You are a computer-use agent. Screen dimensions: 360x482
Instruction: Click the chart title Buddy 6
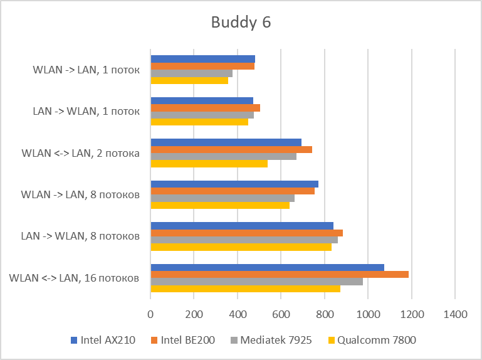[241, 23]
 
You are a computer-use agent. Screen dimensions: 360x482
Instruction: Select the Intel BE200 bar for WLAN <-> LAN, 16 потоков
[280, 274]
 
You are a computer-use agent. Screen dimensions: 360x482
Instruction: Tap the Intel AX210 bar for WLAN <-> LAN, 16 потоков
[268, 267]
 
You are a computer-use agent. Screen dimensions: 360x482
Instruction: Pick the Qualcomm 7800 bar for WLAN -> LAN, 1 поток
[189, 80]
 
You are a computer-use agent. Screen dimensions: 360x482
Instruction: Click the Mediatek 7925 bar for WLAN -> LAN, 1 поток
[192, 73]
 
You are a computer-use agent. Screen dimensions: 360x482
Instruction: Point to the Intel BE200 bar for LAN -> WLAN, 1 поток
[206, 108]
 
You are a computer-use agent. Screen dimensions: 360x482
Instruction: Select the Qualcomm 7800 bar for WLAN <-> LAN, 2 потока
[209, 164]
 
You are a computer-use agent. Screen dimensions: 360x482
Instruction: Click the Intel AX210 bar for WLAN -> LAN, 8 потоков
[234, 184]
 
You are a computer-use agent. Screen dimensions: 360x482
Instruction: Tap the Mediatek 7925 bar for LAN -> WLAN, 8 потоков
[244, 240]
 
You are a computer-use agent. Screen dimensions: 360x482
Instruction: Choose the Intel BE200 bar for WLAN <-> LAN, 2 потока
[231, 149]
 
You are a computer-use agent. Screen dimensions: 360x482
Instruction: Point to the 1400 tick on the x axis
[455, 314]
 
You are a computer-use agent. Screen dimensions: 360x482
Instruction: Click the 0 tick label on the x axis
[150, 314]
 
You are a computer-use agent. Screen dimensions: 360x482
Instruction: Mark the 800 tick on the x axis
[325, 314]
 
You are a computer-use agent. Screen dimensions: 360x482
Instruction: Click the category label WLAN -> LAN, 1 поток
[86, 70]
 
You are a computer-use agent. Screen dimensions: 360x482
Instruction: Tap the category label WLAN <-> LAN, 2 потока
[80, 153]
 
